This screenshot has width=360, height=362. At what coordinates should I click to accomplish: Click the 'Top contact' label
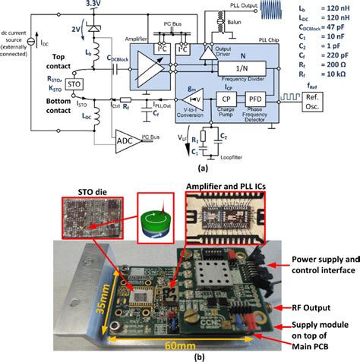click(36, 61)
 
